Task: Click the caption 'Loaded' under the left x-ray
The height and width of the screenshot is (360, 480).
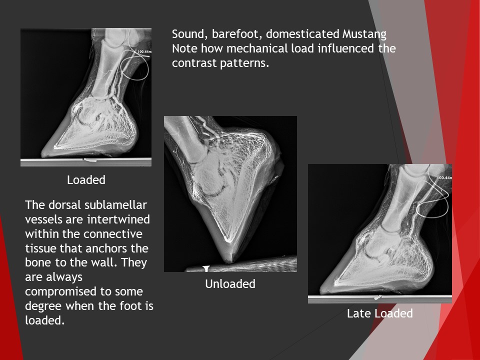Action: (86, 180)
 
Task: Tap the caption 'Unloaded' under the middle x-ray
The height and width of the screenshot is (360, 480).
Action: (230, 284)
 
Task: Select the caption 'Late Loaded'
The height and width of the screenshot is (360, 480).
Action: (380, 313)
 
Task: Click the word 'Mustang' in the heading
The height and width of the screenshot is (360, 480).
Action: (364, 34)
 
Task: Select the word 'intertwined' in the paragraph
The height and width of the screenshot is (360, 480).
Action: (121, 219)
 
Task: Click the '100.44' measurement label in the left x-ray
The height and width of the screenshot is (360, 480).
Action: (144, 51)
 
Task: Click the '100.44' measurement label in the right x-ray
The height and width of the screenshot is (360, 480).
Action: (444, 178)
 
